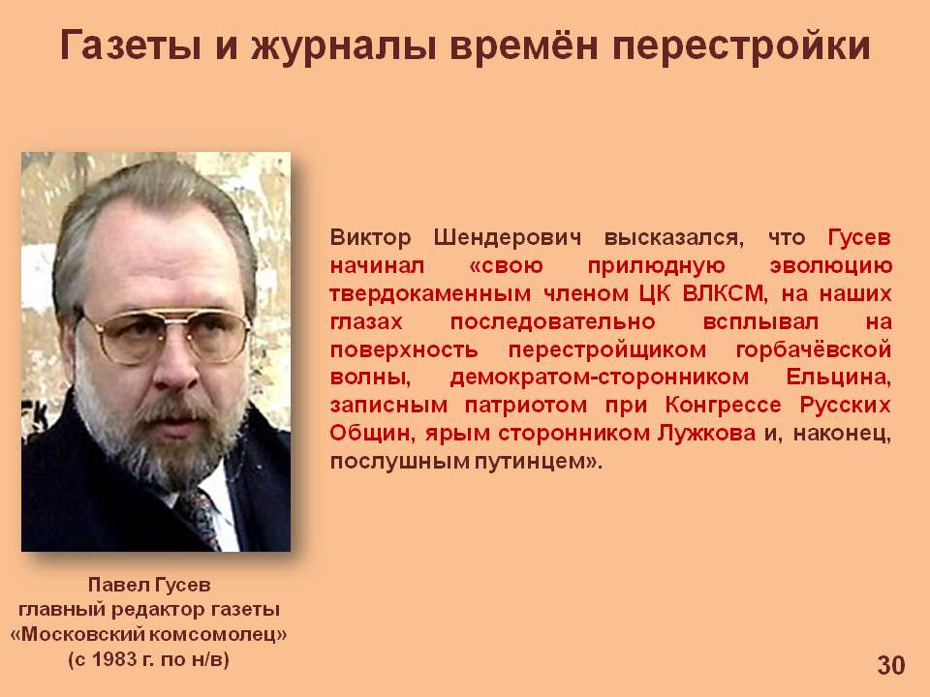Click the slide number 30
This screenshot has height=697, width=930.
pyautogui.click(x=891, y=665)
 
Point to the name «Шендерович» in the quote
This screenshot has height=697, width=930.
pyautogui.click(x=508, y=238)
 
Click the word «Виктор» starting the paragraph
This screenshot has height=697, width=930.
pyautogui.click(x=370, y=238)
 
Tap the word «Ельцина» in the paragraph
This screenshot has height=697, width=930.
pyautogui.click(x=839, y=379)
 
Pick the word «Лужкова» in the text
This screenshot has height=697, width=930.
pyautogui.click(x=706, y=434)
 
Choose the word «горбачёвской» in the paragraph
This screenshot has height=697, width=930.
pyautogui.click(x=813, y=349)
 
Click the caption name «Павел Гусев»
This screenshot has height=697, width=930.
pyautogui.click(x=149, y=585)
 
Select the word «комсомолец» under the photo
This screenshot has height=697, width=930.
pyautogui.click(x=215, y=635)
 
